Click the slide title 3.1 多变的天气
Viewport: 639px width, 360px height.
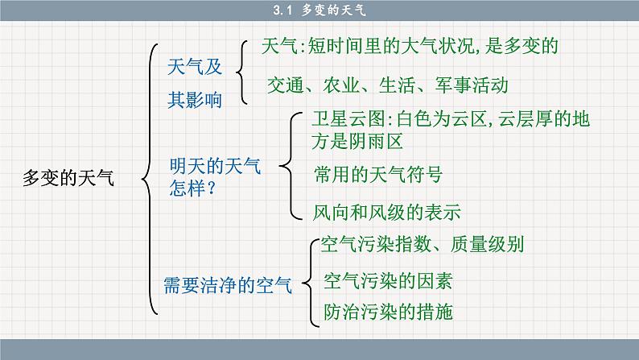click(x=319, y=10)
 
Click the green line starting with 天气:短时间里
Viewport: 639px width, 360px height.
click(x=410, y=46)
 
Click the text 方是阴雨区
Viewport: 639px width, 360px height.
click(x=357, y=141)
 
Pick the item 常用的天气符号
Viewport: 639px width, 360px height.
click(x=377, y=174)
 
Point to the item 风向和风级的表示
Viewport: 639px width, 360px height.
click(x=386, y=213)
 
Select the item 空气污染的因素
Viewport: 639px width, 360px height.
click(x=387, y=281)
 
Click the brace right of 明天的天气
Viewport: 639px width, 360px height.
click(x=288, y=167)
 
